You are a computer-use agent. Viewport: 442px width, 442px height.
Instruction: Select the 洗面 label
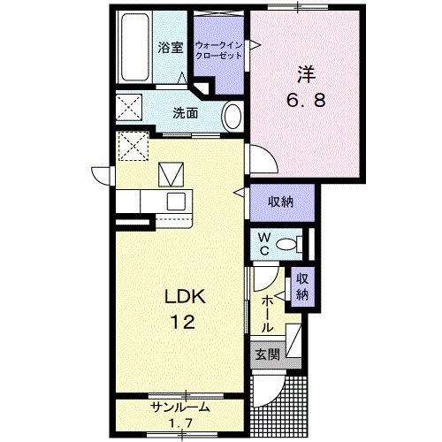(185, 113)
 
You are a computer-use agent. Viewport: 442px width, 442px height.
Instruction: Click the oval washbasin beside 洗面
(232, 117)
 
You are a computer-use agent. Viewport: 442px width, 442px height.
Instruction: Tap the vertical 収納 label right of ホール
(302, 286)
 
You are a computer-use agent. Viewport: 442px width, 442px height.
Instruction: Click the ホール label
(267, 314)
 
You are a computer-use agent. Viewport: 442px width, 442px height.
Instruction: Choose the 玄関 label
(267, 355)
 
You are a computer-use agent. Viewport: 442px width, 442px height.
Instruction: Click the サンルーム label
(179, 408)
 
